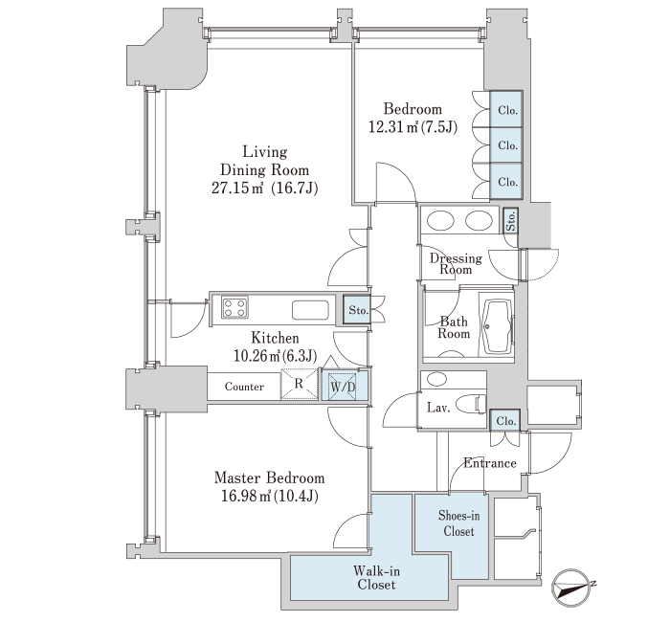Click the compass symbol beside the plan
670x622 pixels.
click(572, 588)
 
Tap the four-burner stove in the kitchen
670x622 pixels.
click(234, 307)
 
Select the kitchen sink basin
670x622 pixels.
click(311, 310)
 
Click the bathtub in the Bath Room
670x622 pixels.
click(498, 326)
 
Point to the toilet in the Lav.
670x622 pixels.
click(471, 404)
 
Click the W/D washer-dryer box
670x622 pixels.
click(344, 387)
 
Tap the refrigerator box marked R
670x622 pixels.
click(299, 384)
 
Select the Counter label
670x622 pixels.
click(244, 387)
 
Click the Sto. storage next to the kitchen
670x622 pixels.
click(357, 310)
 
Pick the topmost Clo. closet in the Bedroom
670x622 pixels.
click(506, 109)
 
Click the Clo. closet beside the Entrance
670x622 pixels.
click(505, 420)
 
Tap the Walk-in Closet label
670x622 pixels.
click(376, 578)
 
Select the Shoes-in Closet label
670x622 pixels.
click(458, 523)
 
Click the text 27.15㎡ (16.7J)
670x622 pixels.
click(265, 188)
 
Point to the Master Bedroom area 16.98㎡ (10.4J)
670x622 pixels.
click(270, 496)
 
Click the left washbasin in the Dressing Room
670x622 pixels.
click(440, 221)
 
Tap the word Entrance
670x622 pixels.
click(490, 463)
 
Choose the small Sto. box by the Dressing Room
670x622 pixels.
click(510, 221)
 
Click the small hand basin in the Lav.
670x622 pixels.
click(437, 379)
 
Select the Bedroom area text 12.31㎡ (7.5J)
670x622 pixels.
click(413, 127)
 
